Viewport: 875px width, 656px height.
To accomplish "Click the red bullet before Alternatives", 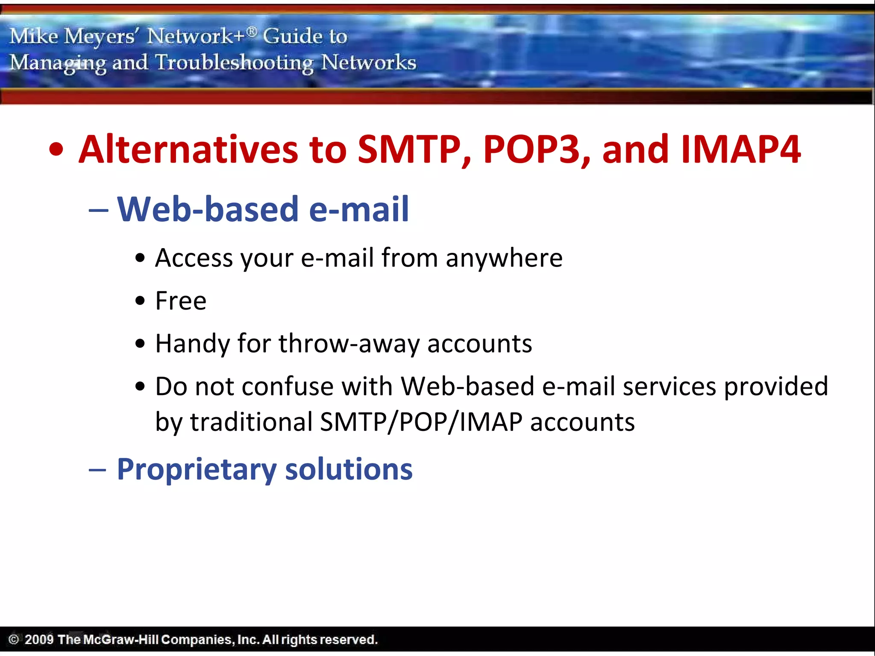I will pyautogui.click(x=56, y=150).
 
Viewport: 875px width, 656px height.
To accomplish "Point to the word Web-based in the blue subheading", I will pyautogui.click(x=208, y=209).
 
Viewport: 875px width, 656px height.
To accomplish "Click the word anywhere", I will pyautogui.click(x=504, y=258).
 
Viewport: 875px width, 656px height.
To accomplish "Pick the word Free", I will pyautogui.click(x=181, y=301).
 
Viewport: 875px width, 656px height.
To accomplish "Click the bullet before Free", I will pyautogui.click(x=140, y=301).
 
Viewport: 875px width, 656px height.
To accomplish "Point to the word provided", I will pyautogui.click(x=776, y=387).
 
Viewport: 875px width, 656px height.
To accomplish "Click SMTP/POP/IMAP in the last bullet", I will pyautogui.click(x=421, y=422).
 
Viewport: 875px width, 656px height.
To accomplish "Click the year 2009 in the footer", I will pyautogui.click(x=39, y=639).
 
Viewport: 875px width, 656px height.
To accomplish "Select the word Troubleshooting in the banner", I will pyautogui.click(x=234, y=63).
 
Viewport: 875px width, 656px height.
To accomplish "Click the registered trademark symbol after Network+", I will pyautogui.click(x=252, y=31).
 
